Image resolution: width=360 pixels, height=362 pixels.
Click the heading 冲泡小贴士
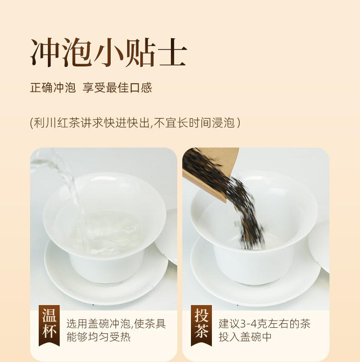pyautogui.click(x=108, y=52)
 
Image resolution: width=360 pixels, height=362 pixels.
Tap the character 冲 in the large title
pyautogui.click(x=45, y=52)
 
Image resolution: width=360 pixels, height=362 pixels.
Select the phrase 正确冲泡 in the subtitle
pyautogui.click(x=53, y=88)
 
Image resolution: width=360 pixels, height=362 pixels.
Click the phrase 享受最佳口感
pyautogui.click(x=118, y=88)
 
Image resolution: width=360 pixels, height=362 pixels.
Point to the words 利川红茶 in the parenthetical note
pyautogui.click(x=57, y=122)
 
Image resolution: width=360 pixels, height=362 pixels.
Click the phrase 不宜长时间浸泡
pyautogui.click(x=194, y=122)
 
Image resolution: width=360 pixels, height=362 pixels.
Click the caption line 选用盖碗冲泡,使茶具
pyautogui.click(x=116, y=324)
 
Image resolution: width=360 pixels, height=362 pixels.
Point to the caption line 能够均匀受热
pyautogui.click(x=99, y=337)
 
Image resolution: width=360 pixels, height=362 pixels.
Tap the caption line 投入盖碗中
pyautogui.click(x=245, y=337)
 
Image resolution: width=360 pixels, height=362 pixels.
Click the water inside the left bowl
pyautogui.click(x=106, y=231)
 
